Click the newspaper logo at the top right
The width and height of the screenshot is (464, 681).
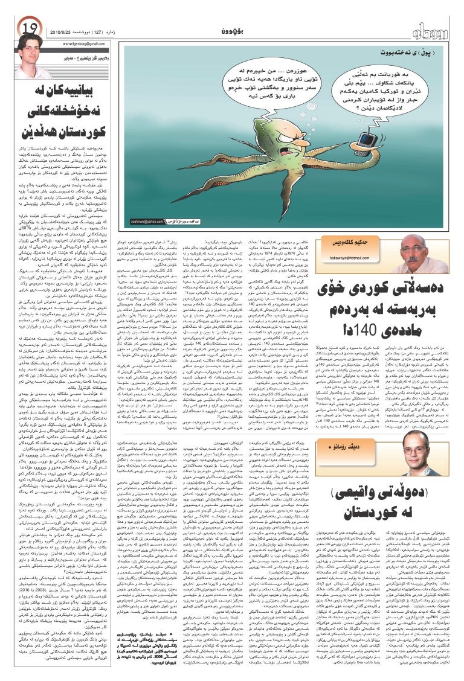click(431, 29)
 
